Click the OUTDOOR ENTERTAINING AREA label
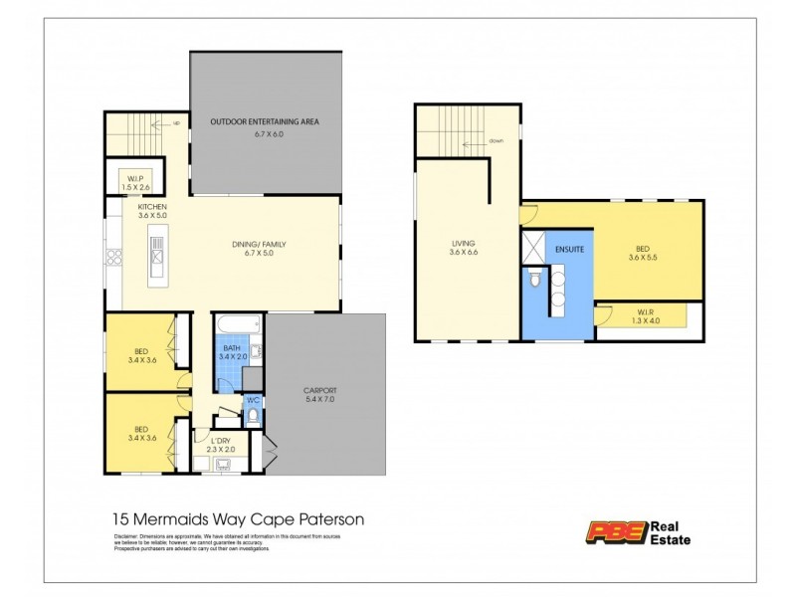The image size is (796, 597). (x=264, y=122)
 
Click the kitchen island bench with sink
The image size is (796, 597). (x=156, y=257)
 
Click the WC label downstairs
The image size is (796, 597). (x=252, y=403)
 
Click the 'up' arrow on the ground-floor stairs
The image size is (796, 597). (x=175, y=124)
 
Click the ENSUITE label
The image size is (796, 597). (x=569, y=248)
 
